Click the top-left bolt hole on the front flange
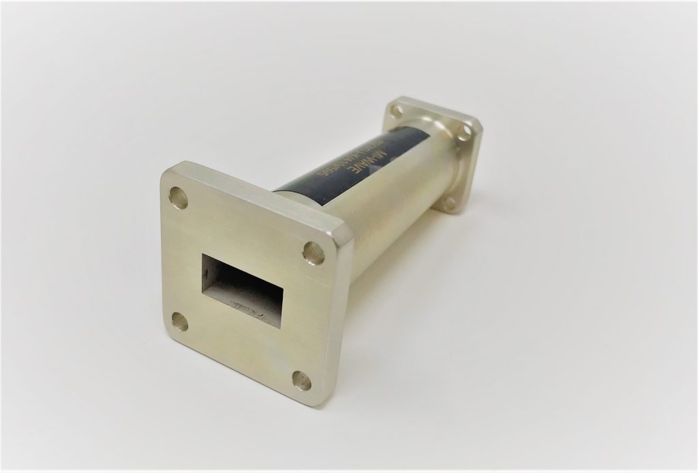pos(179,197)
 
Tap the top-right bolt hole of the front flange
pos(313,251)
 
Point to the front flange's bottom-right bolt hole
pos(301,380)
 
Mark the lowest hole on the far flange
pos(450,202)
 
